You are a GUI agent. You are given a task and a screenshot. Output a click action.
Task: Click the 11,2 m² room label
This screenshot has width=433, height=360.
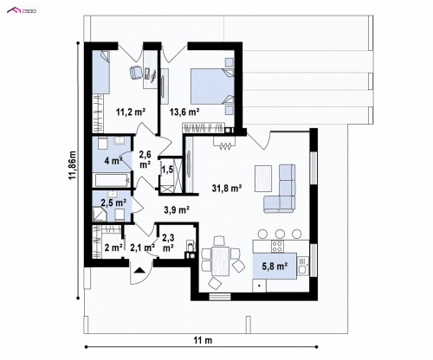click(131, 112)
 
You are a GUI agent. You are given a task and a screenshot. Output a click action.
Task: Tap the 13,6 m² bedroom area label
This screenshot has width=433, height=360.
click(184, 112)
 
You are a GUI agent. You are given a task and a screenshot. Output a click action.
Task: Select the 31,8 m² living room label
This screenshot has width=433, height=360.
click(227, 189)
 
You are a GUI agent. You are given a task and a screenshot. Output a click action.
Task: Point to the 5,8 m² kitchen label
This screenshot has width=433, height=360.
click(275, 266)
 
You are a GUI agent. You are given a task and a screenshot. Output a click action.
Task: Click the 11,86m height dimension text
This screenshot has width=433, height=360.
click(72, 164)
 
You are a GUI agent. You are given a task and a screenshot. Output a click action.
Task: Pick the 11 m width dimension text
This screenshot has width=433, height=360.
click(203, 340)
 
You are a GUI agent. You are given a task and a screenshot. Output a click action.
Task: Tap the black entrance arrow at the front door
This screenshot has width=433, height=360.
click(139, 270)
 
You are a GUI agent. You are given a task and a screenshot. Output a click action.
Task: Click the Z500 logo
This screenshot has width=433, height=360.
click(22, 11)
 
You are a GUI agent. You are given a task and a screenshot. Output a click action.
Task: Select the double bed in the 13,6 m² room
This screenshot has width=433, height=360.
click(212, 86)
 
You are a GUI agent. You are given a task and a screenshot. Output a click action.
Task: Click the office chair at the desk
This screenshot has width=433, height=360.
click(135, 73)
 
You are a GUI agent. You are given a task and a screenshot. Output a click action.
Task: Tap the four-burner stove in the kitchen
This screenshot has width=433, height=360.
click(277, 246)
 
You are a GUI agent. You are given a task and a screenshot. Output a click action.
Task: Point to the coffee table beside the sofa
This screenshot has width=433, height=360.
click(263, 178)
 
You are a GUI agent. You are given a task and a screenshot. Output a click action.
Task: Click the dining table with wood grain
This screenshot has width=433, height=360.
click(220, 261)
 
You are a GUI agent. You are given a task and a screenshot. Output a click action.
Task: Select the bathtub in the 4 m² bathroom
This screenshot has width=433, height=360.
click(112, 180)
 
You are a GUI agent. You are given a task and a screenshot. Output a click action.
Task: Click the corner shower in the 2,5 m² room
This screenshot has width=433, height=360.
click(100, 214)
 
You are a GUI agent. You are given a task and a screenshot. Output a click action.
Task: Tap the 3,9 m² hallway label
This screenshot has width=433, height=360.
click(177, 209)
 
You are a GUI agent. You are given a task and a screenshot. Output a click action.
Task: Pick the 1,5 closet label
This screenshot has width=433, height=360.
click(167, 170)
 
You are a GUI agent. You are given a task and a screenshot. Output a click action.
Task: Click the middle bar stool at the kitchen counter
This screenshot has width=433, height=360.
click(280, 234)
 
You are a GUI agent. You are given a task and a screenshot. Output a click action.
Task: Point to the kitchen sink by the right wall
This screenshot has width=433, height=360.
click(302, 266)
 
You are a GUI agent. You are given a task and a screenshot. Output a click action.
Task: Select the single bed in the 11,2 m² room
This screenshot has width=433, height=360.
click(101, 72)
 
